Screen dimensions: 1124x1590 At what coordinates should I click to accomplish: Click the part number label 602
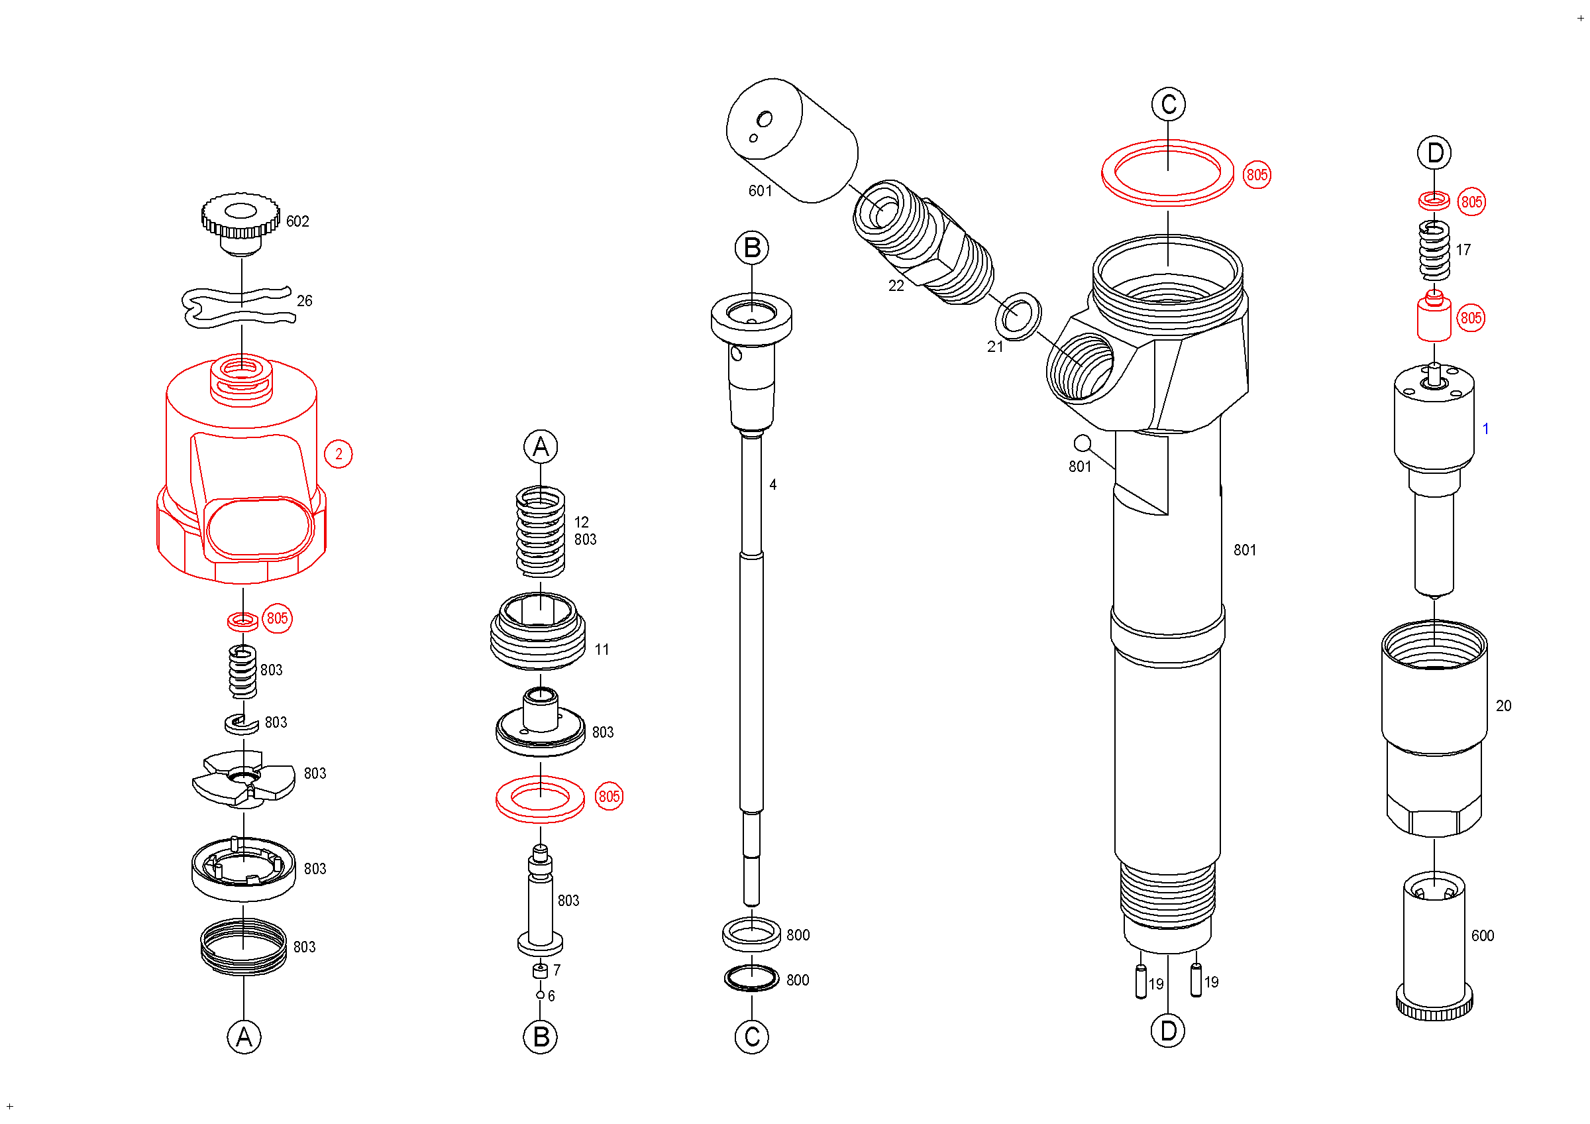pos(297,221)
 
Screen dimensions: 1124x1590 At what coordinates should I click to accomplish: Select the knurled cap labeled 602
pos(240,221)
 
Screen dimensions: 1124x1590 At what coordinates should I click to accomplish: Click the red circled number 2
pos(339,455)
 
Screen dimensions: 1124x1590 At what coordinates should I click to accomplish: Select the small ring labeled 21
pos(1018,317)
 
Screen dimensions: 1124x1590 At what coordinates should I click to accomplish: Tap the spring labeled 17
pos(1434,250)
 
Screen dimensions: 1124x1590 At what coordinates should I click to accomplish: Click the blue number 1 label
pos(1485,429)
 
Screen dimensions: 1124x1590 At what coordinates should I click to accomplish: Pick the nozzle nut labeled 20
pos(1434,727)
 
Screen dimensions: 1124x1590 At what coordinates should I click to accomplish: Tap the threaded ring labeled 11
pos(538,632)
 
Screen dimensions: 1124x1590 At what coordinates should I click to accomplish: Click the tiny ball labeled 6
pos(540,995)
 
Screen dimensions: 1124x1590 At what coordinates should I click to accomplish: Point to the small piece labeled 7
pos(540,971)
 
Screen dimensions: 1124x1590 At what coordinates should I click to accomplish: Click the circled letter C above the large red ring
pos(1168,105)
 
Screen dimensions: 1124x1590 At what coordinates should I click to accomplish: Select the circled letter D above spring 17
pos(1435,153)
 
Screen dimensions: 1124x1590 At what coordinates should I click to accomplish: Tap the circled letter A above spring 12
pos(541,447)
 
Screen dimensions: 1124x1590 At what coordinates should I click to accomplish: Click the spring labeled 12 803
pos(541,531)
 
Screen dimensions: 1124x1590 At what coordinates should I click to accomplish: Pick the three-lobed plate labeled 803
pos(244,779)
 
